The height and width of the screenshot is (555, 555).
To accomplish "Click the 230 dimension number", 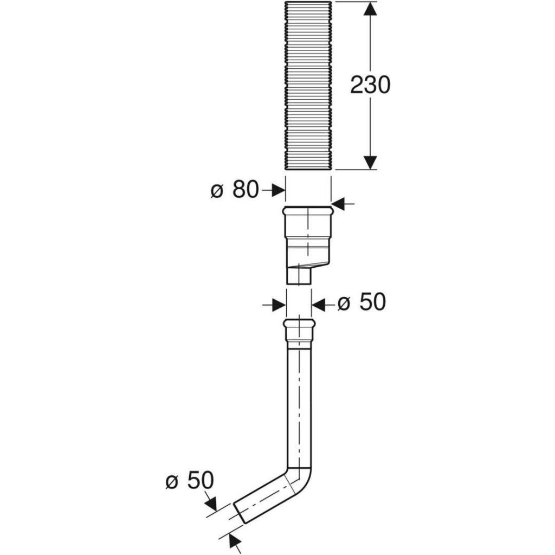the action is [370, 85].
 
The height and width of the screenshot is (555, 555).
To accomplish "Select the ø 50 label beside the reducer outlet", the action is [362, 302].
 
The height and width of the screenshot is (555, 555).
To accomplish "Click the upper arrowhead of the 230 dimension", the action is [370, 9].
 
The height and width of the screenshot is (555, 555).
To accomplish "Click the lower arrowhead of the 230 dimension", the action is [370, 163].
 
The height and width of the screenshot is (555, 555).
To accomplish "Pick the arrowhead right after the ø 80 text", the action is [279, 190].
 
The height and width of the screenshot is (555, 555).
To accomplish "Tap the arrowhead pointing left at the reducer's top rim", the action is [338, 204].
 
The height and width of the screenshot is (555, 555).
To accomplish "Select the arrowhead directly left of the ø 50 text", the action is [318, 305].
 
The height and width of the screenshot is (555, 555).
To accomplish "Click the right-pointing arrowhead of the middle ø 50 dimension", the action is [279, 305].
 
